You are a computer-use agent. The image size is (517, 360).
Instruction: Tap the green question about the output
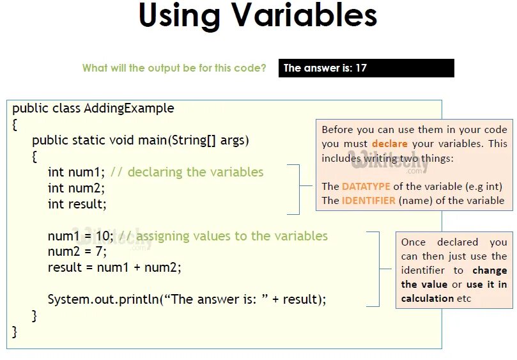tap(174, 68)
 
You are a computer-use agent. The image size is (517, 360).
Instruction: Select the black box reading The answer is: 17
tap(366, 68)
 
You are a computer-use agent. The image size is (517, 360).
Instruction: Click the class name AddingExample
tap(129, 108)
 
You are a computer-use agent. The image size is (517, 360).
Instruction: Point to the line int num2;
tap(75, 188)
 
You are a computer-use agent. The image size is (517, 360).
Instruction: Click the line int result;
tap(77, 204)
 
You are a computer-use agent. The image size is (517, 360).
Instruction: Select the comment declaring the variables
tap(187, 172)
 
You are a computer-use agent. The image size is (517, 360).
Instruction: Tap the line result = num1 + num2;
tap(114, 267)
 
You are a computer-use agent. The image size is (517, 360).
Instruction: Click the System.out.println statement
tap(187, 299)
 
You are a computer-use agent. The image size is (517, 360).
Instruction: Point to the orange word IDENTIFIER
tap(368, 200)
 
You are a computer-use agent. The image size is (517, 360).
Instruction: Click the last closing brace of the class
tap(15, 331)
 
